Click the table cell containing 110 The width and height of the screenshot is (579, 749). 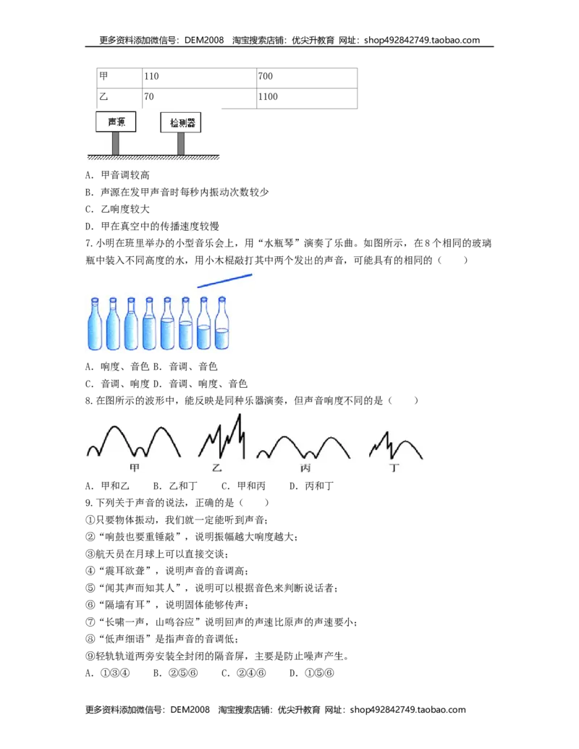[x=199, y=77]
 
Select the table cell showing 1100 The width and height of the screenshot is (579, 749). [x=307, y=98]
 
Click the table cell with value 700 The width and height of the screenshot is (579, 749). [x=307, y=77]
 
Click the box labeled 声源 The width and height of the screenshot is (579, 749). [x=116, y=122]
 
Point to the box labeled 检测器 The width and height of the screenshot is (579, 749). [x=181, y=123]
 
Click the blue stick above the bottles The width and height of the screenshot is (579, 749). [x=224, y=280]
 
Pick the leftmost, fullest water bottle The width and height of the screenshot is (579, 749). [x=95, y=324]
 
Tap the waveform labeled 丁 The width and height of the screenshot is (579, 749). [x=396, y=445]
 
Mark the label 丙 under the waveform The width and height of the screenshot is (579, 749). [x=305, y=468]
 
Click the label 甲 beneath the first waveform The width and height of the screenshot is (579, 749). [x=134, y=467]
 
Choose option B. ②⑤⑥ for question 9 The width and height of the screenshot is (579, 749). [x=175, y=673]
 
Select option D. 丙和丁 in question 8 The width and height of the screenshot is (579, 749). [x=311, y=486]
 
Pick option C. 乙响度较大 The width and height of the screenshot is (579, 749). [x=117, y=209]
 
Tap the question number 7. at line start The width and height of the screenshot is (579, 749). [x=89, y=243]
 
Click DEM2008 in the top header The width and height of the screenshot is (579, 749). [x=204, y=40]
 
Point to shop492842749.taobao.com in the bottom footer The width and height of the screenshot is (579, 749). [x=407, y=710]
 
